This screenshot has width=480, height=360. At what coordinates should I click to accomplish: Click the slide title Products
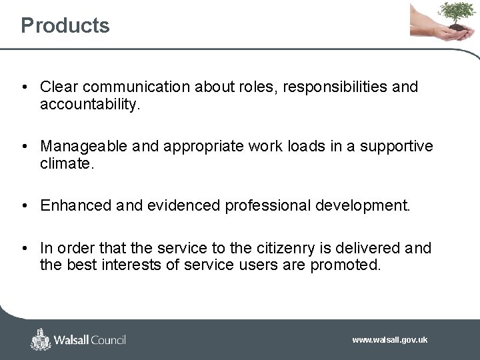[65, 25]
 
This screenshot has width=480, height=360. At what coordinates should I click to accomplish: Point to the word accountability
[89, 105]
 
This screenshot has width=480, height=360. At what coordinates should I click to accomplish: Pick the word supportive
[396, 146]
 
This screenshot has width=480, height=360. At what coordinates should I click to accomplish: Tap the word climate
[67, 163]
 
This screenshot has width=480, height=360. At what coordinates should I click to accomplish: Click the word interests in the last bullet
[135, 265]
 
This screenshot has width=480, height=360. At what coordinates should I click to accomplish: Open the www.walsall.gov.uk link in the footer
[389, 340]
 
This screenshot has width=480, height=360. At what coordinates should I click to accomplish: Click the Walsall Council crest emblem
[41, 339]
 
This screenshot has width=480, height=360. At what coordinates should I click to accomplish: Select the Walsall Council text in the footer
[91, 340]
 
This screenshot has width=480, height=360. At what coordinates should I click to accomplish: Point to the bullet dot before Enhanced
[24, 205]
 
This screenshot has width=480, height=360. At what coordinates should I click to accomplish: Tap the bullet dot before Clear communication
[24, 87]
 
